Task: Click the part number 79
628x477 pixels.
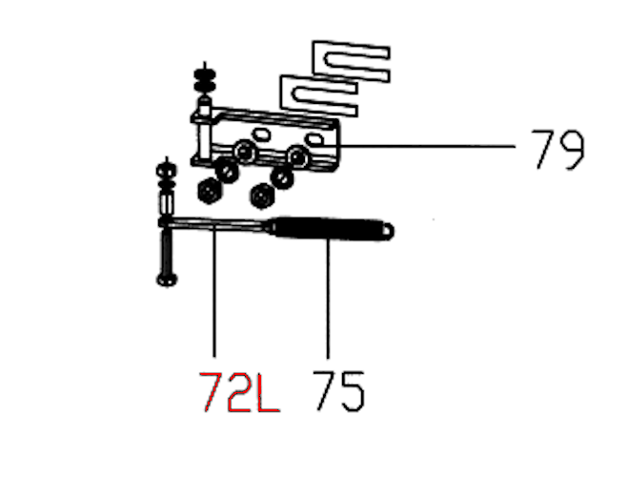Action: point(557,150)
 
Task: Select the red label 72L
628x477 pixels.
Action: point(240,392)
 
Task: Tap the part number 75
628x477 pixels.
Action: point(339,392)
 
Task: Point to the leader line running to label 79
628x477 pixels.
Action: point(427,147)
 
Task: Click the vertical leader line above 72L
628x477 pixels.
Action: point(214,291)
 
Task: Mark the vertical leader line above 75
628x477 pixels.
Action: point(328,299)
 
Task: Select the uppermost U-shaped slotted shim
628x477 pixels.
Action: point(352,61)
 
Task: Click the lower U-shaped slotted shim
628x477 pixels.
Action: point(319,95)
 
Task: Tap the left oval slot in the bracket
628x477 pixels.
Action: point(260,134)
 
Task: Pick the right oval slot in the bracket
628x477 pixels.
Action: point(314,140)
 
